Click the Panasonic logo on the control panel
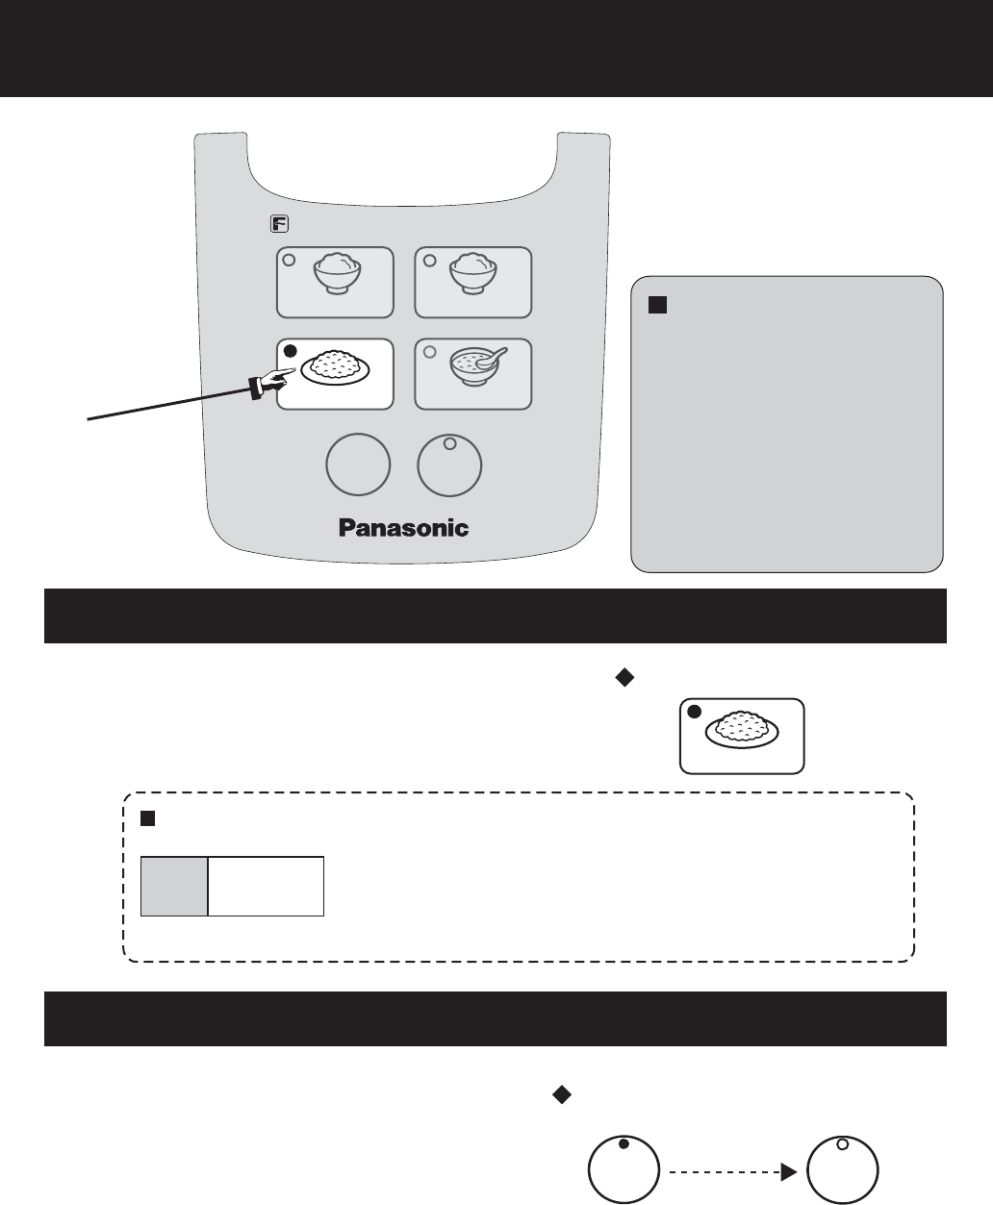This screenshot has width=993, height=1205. click(403, 527)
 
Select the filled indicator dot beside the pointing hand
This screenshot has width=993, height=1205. click(290, 351)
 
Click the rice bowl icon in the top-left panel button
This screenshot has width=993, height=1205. click(338, 277)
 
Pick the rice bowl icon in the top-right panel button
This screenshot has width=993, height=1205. click(475, 277)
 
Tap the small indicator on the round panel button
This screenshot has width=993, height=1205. click(448, 444)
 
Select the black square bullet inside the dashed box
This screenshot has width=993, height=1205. click(148, 817)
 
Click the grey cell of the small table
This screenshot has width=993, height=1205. click(174, 886)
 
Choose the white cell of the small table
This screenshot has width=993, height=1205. click(266, 886)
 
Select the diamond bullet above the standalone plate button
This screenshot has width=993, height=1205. click(622, 678)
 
